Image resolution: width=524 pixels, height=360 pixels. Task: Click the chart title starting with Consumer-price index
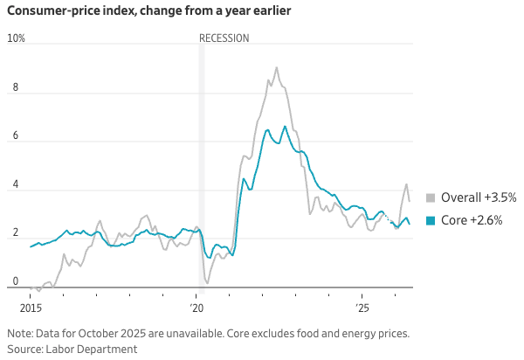tap(149, 10)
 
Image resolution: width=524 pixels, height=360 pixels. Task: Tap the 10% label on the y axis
tap(16, 38)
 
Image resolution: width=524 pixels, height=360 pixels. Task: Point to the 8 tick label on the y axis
tap(16, 87)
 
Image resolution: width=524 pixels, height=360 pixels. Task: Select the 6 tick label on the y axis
tap(16, 135)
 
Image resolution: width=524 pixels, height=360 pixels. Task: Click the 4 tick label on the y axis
tap(16, 184)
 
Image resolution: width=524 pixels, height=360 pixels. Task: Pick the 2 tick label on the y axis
tap(16, 232)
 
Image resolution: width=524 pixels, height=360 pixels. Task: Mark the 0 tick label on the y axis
tap(16, 281)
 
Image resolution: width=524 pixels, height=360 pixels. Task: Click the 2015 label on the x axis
tap(31, 308)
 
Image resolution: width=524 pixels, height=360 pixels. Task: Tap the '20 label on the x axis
tap(196, 308)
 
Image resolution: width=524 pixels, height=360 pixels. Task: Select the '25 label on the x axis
tap(362, 308)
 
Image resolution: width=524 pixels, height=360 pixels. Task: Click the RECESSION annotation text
tap(224, 38)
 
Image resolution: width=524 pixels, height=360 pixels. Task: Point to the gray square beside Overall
tap(431, 197)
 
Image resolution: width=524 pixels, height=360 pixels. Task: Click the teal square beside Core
tap(431, 220)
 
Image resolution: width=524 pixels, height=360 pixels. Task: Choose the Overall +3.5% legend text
tap(479, 197)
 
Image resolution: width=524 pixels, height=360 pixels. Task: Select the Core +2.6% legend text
tap(472, 220)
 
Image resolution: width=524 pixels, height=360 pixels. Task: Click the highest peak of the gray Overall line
tap(276, 67)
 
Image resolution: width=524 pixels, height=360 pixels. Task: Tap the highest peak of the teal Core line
tap(285, 127)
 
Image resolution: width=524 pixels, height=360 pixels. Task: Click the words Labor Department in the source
tap(91, 349)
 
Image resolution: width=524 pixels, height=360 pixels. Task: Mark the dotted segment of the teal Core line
tap(388, 218)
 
